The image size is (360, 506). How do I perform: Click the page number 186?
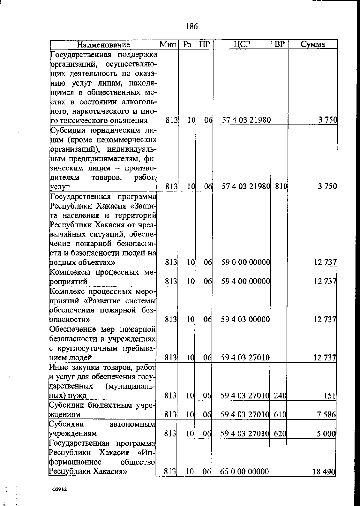tap(192, 27)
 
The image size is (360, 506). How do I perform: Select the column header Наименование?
tap(103, 45)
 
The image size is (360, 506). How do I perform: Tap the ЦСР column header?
tap(241, 44)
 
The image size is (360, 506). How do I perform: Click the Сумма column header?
tap(313, 44)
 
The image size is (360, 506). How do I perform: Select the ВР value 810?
tap(281, 186)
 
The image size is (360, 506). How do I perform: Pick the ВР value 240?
tap(280, 396)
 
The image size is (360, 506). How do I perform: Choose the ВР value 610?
tap(280, 415)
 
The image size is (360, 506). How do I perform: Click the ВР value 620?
tap(280, 434)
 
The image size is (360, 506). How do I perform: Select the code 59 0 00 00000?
tap(246, 262)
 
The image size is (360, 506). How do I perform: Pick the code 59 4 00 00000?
tap(246, 282)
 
